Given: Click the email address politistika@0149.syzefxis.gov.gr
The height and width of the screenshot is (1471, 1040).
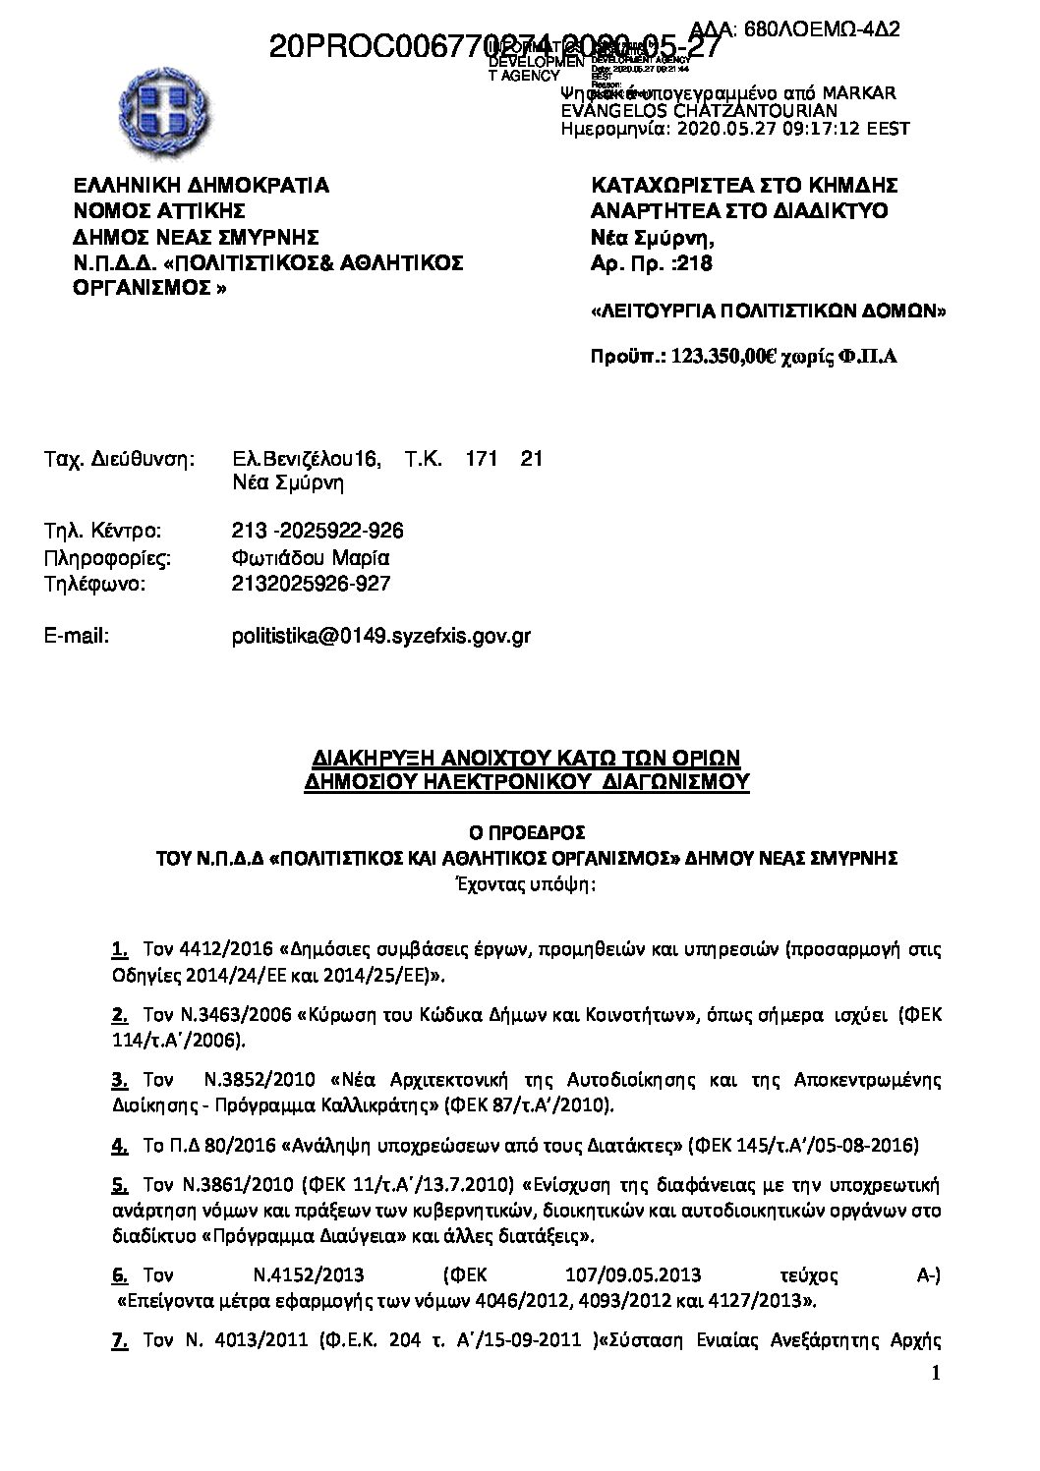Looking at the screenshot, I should (380, 636).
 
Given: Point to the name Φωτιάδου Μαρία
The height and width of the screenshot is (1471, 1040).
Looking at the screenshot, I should (311, 558).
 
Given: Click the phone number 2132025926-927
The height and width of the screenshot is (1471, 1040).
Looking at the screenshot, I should (311, 584).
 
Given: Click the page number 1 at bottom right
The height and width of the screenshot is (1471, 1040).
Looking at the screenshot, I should (935, 1373).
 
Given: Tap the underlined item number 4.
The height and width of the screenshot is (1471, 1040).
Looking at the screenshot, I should (119, 1145).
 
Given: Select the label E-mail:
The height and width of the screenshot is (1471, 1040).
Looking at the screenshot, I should (77, 636).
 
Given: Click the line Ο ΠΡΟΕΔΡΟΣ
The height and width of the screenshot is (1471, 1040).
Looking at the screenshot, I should (527, 831).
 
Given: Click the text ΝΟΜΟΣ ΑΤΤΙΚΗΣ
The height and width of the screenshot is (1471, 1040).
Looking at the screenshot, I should (160, 211).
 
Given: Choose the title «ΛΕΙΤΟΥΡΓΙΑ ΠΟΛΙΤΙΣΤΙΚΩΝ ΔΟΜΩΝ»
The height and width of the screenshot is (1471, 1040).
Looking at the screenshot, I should (767, 312).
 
